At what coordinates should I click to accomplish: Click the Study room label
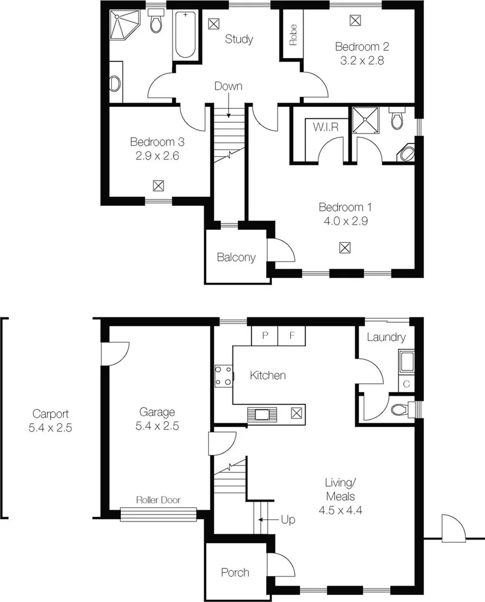pos(239,39)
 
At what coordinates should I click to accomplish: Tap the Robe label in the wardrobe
pos(293,35)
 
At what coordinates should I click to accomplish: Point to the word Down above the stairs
pos(228,86)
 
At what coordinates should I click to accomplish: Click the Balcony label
pos(236,257)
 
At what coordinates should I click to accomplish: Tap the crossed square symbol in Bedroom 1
pos(345,248)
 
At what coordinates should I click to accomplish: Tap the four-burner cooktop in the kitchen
pos(224,376)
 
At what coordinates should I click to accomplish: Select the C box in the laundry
pos(407,384)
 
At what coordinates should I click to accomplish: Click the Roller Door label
pos(158,500)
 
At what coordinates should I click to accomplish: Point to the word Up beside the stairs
pos(288,520)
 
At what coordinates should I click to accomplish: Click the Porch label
pos(235,572)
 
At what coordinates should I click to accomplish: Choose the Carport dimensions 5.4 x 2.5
pos(50,428)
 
